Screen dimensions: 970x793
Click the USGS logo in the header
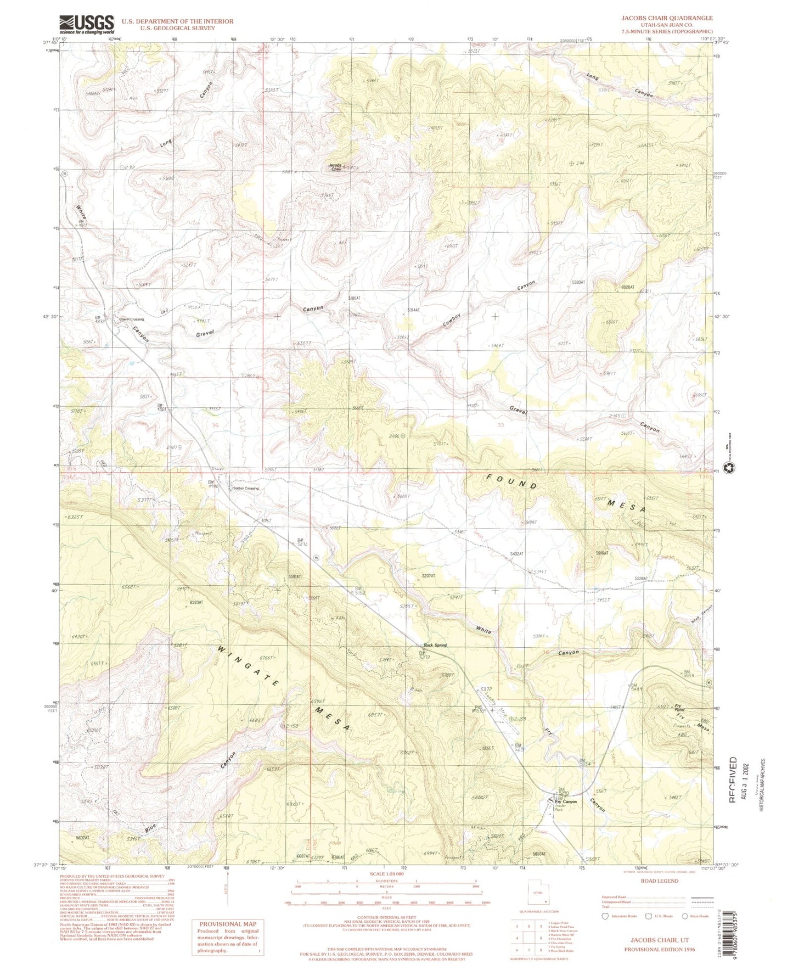pos(86,24)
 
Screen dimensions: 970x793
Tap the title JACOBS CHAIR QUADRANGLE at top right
pos(666,18)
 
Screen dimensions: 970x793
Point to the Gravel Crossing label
pos(132,319)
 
